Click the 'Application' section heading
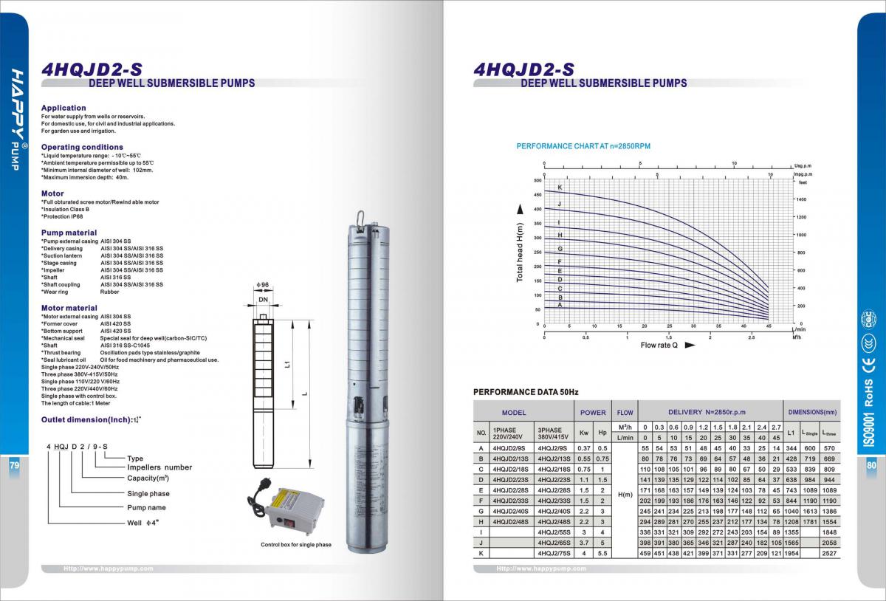click(x=63, y=108)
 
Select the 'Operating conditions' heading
click(x=82, y=147)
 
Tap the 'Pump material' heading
click(x=69, y=233)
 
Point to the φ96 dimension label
click(x=261, y=284)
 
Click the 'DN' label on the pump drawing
click(x=262, y=300)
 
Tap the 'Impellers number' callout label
click(x=159, y=467)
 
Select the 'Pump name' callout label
click(x=146, y=507)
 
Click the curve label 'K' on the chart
click(x=560, y=188)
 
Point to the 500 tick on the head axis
click(x=537, y=180)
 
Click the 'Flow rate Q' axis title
click(x=659, y=345)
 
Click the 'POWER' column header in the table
click(x=593, y=413)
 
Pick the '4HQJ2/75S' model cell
click(x=554, y=553)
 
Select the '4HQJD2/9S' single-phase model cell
click(x=509, y=448)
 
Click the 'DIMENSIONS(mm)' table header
click(x=812, y=413)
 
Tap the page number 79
click(x=14, y=466)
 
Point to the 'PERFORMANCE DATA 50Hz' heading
click(x=526, y=391)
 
